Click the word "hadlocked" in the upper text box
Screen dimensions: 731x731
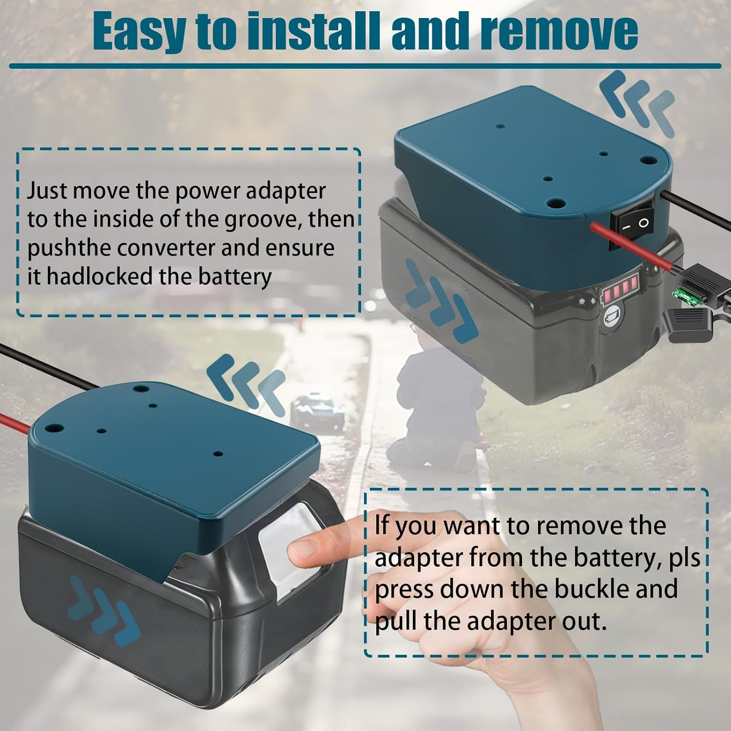pos(100,276)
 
